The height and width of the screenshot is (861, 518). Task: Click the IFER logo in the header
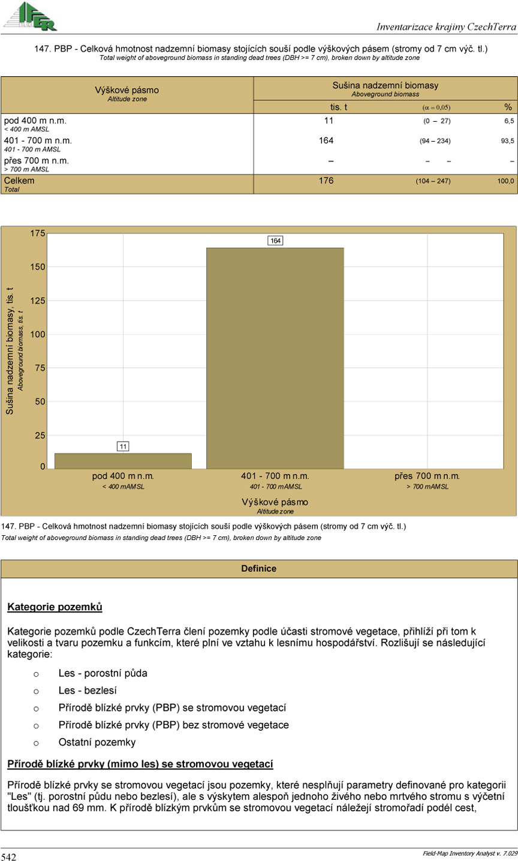[x=29, y=16]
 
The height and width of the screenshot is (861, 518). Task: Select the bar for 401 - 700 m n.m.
[x=275, y=358]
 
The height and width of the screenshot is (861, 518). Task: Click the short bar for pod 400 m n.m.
[x=123, y=461]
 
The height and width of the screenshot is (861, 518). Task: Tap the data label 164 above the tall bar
[x=275, y=241]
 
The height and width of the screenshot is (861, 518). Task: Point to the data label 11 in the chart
[x=123, y=446]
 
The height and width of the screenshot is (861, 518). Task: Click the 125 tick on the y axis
[x=38, y=301]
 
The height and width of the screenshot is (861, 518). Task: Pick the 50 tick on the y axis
[x=40, y=401]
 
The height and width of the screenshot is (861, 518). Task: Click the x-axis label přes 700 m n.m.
[x=427, y=476]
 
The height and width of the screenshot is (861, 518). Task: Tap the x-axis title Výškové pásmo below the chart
[x=275, y=502]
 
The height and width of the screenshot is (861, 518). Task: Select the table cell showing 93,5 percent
[x=507, y=141]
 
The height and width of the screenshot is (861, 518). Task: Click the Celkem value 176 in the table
[x=326, y=181]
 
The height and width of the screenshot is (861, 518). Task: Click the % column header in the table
[x=508, y=107]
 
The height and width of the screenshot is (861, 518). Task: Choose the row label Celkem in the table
[x=19, y=181]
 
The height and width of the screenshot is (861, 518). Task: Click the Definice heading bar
[x=258, y=568]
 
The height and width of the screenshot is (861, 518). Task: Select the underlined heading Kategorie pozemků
[x=55, y=607]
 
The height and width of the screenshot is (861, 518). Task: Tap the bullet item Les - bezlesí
[x=88, y=691]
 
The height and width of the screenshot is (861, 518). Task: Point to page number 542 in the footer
[x=9, y=857]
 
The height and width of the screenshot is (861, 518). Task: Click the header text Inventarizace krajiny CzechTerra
[x=446, y=26]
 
